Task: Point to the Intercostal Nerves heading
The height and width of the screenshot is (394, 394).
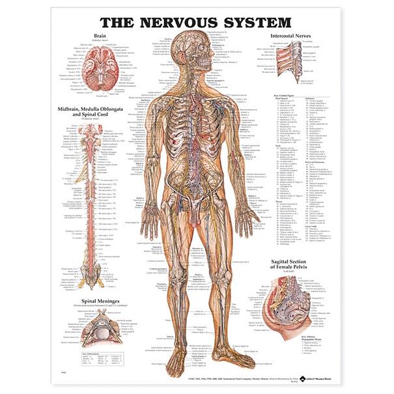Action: pos(296,36)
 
